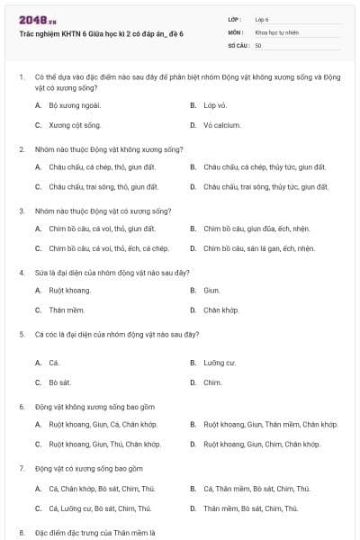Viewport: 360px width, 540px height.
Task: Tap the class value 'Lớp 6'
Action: click(262, 18)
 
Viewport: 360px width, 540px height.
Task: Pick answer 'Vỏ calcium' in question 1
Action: click(221, 125)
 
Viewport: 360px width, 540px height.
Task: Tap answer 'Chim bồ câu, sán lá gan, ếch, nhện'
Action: click(258, 248)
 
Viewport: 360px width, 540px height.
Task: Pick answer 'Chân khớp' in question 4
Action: click(220, 310)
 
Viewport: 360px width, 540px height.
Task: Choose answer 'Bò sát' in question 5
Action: click(59, 382)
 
